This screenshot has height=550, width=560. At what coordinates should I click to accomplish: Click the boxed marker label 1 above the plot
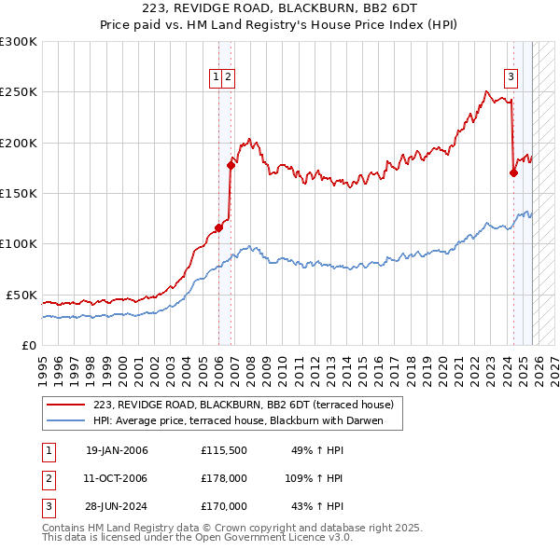(216, 78)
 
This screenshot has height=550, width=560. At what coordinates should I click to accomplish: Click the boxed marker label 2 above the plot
(228, 78)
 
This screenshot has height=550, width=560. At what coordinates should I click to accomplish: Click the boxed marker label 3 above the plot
(511, 78)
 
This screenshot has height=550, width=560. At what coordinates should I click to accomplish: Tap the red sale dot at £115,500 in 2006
(219, 227)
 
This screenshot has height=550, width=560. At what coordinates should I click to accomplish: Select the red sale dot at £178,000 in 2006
(231, 165)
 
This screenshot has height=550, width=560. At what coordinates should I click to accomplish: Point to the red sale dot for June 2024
(513, 172)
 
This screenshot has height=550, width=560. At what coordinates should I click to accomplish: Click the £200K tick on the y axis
(19, 143)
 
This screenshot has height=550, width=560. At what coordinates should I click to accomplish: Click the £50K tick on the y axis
(21, 295)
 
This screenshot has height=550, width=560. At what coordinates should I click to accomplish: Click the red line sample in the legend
(66, 405)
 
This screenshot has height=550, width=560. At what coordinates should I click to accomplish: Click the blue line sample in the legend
(66, 421)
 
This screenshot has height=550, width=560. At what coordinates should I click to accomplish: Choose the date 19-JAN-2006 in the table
(117, 451)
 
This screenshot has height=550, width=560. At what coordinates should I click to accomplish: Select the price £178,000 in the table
(223, 478)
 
